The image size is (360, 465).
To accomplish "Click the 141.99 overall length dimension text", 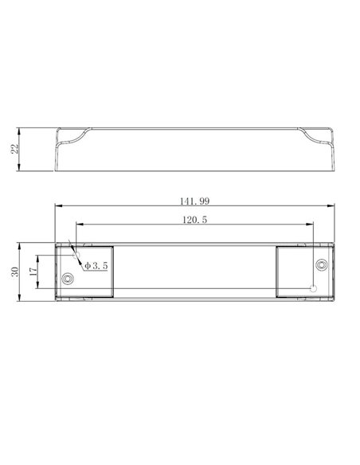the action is pyautogui.click(x=194, y=201).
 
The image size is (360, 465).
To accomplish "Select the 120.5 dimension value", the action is pyautogui.click(x=194, y=220).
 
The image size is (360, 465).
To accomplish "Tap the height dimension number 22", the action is pyautogui.click(x=14, y=149).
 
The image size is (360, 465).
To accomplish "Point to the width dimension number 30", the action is pyautogui.click(x=14, y=272).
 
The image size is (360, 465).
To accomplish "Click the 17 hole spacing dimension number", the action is pyautogui.click(x=33, y=271).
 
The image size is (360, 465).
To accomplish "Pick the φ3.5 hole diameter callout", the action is pyautogui.click(x=96, y=266).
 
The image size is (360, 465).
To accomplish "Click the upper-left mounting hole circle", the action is pyautogui.click(x=76, y=255).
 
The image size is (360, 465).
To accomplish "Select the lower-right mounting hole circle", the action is pyautogui.click(x=313, y=288).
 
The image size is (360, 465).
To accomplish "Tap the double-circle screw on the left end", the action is pyautogui.click(x=68, y=279).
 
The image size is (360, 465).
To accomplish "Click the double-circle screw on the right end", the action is pyautogui.click(x=322, y=264).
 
